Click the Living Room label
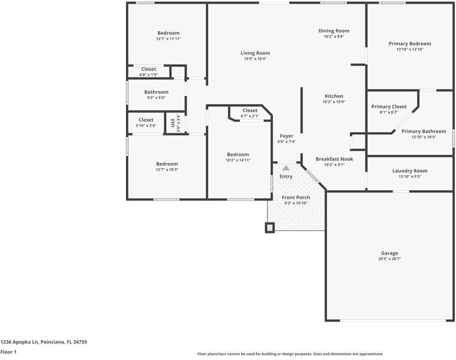click(x=255, y=53)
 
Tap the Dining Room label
click(x=333, y=31)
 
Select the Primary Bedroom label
click(x=410, y=44)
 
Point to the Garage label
click(x=389, y=253)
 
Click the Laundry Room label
click(x=410, y=171)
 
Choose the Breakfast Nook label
click(x=334, y=159)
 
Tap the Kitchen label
click(x=334, y=96)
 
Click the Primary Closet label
click(x=389, y=106)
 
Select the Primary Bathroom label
click(x=424, y=131)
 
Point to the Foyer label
click(x=286, y=136)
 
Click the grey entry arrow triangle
click(x=286, y=168)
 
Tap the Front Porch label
click(x=296, y=197)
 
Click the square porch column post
click(x=270, y=227)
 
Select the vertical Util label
click(x=173, y=122)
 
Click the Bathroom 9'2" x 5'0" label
click(x=156, y=92)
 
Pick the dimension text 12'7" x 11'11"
click(x=168, y=39)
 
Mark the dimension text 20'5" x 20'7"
click(x=389, y=259)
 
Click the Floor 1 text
click(x=8, y=352)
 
